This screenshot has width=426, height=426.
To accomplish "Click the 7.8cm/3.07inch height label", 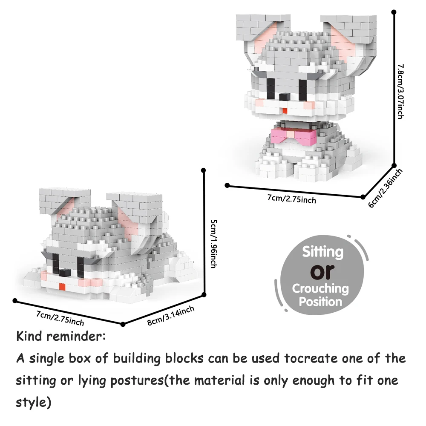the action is (400, 92).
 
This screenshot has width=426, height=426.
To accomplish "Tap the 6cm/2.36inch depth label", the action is (385, 188).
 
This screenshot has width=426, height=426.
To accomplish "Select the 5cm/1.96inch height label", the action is (214, 244).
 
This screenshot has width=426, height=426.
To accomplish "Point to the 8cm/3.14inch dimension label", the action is (171, 315).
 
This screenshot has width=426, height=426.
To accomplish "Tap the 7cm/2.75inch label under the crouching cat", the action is (60, 318).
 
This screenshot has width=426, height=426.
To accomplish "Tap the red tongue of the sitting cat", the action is (285, 111).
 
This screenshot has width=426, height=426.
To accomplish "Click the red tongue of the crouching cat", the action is (62, 286).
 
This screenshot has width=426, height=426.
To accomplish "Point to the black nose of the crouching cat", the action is (65, 273).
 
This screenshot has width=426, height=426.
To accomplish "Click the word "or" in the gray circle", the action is (322, 271).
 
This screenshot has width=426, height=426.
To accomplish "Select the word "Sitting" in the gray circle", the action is (323, 252).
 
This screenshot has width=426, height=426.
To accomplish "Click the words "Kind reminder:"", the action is (61, 337).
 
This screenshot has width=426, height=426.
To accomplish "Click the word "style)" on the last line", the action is (33, 403).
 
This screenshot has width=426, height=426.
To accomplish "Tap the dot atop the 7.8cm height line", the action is (394, 12).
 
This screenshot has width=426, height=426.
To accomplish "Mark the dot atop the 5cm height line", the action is (204, 170).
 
